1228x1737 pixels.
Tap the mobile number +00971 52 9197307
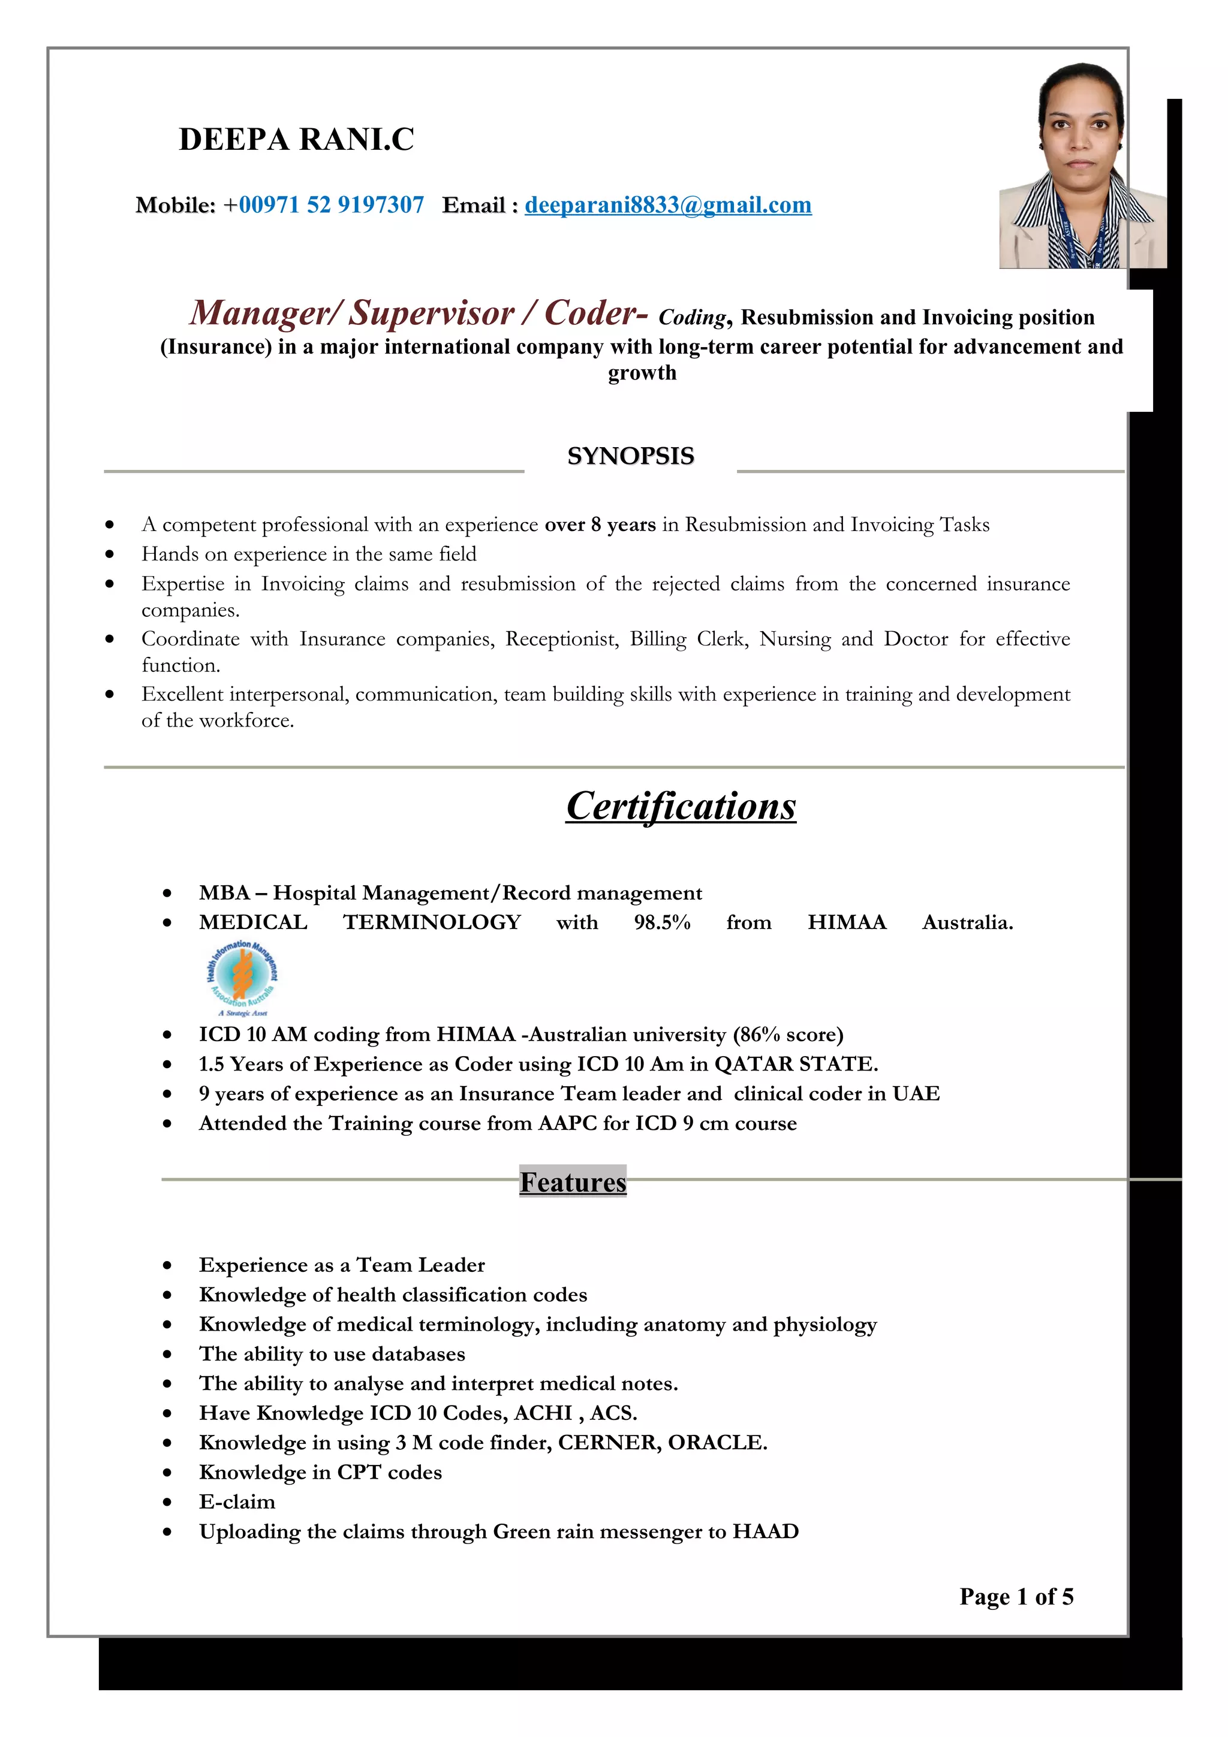pos(324,205)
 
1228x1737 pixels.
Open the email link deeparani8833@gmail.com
pos(667,205)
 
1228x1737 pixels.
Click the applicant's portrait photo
pos(1081,167)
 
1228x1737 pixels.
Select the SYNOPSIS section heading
pos(630,456)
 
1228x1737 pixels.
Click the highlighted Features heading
pos(573,1182)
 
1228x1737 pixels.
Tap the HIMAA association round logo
pos(242,976)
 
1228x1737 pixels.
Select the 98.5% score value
pos(662,922)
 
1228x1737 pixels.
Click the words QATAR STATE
pos(796,1064)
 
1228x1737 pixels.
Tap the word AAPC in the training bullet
pos(567,1123)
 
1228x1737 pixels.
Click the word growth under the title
pos(642,373)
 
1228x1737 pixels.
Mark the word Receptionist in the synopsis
pos(561,640)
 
